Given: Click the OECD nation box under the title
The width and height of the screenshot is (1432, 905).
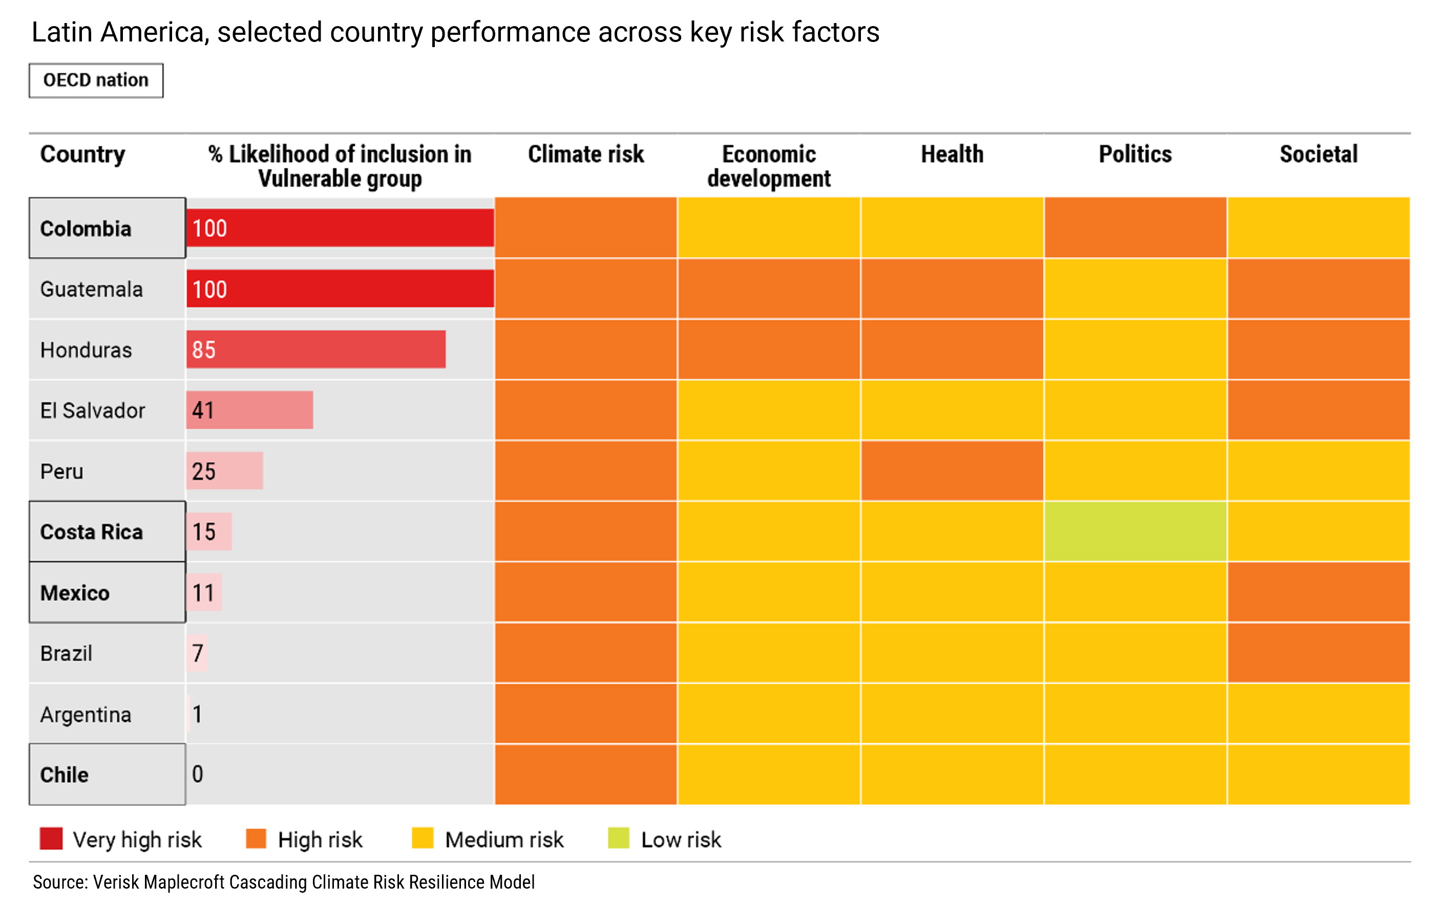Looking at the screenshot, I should tap(96, 80).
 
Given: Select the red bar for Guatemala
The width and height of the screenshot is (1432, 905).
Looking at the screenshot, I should tap(340, 289).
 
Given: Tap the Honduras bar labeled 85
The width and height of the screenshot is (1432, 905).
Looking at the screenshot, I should tap(316, 350).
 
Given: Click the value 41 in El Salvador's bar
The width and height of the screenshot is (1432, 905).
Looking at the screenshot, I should tap(203, 410).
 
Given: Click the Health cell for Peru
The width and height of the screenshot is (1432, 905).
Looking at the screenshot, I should tap(952, 470).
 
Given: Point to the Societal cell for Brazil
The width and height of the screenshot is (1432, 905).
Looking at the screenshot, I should tap(1318, 653).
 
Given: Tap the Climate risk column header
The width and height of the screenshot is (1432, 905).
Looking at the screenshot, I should tap(586, 154).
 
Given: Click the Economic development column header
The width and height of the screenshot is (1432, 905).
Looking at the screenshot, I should tap(768, 166).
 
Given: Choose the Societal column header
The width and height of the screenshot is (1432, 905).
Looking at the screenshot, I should tap(1318, 154).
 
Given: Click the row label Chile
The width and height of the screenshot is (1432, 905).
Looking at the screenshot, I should tap(64, 775).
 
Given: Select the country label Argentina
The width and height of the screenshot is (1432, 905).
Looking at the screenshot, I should tap(86, 714).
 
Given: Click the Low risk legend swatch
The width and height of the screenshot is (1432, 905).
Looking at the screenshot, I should tap(619, 838).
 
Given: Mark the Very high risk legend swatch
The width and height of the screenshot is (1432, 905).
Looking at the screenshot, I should tap(51, 838).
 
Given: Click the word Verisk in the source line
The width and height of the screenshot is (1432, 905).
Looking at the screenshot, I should tap(117, 882).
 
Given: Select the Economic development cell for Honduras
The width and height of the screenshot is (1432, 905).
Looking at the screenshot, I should tap(768, 350).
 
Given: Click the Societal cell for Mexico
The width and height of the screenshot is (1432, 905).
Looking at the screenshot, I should tap(1318, 592).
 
